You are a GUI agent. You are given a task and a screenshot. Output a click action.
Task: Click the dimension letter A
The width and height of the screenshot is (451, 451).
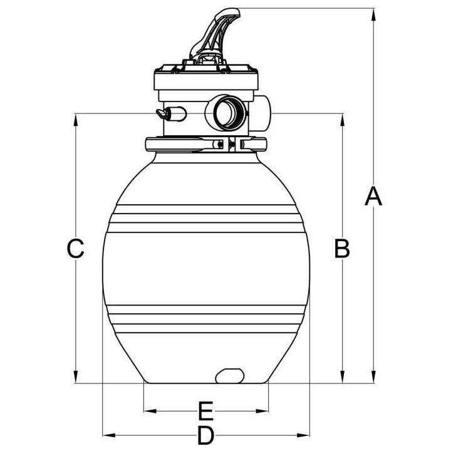[x=373, y=196]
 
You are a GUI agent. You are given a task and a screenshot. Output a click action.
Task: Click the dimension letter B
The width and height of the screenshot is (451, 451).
[x=342, y=248]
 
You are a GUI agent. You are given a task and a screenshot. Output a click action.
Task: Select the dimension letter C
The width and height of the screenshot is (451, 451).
[x=75, y=248]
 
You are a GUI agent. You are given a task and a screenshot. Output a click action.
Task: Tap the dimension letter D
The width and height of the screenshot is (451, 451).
[x=205, y=435]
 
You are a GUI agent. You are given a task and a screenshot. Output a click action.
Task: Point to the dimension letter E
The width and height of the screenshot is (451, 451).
[x=205, y=411]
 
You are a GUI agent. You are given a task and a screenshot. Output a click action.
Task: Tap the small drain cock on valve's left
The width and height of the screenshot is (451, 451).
[x=171, y=113]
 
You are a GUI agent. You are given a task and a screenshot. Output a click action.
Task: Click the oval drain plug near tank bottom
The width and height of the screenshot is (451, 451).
[x=230, y=376]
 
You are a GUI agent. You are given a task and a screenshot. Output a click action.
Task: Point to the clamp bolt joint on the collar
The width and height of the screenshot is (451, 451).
[x=229, y=144]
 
